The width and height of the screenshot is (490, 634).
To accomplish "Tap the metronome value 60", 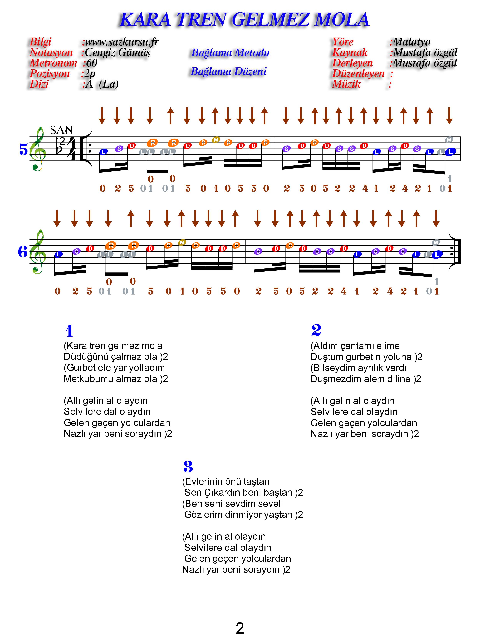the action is (x=92, y=63).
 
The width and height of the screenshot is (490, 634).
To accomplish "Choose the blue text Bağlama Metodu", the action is (x=230, y=53).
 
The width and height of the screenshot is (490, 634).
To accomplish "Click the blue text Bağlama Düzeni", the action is (x=229, y=71).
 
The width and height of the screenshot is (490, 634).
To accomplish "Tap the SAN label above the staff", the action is (x=61, y=130).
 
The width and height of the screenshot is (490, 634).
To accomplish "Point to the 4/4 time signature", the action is (x=72, y=149).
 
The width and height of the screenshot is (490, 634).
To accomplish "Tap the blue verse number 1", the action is (x=69, y=331).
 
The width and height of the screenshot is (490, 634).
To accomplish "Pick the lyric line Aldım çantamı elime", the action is (x=355, y=346).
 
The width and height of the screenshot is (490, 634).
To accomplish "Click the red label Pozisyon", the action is (x=50, y=74).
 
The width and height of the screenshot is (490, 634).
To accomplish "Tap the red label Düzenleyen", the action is (x=358, y=74).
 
